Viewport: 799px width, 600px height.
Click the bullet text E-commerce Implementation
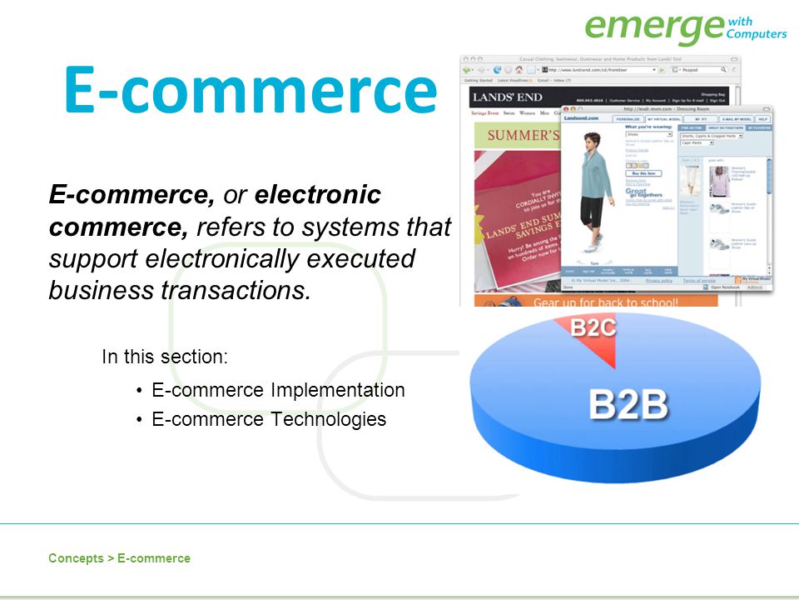click(x=278, y=390)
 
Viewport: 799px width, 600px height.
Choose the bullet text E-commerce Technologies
click(x=269, y=419)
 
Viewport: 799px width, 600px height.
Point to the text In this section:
click(x=165, y=357)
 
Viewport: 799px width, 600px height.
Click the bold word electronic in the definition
click(x=318, y=195)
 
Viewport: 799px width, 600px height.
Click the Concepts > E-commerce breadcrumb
click(x=119, y=558)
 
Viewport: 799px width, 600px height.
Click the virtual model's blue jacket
click(x=596, y=171)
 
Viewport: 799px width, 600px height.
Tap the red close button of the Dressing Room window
click(x=568, y=109)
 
